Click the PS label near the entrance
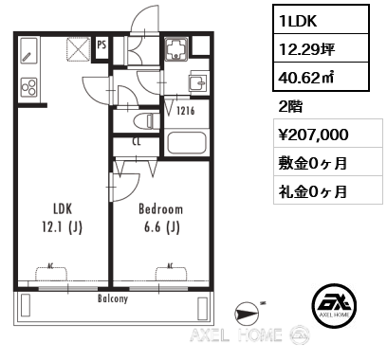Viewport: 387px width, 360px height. point(101,44)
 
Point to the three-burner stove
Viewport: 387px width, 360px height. point(28,86)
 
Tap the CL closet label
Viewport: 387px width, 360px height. point(138,142)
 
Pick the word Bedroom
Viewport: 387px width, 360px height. point(161,208)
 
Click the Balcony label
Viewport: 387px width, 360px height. point(113,297)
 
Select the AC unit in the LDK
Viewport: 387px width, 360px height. point(51,273)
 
